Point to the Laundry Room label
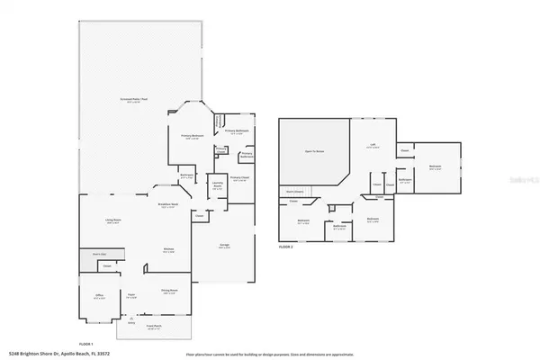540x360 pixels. (x=217, y=184)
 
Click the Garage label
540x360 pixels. (x=225, y=246)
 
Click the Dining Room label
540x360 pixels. (x=167, y=292)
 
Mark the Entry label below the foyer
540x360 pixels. (x=131, y=321)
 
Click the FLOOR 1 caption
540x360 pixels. (x=86, y=343)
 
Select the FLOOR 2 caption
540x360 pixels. (x=286, y=246)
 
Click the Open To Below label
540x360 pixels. (x=314, y=151)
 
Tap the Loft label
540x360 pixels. (x=373, y=145)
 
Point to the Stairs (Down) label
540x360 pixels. (x=293, y=192)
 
